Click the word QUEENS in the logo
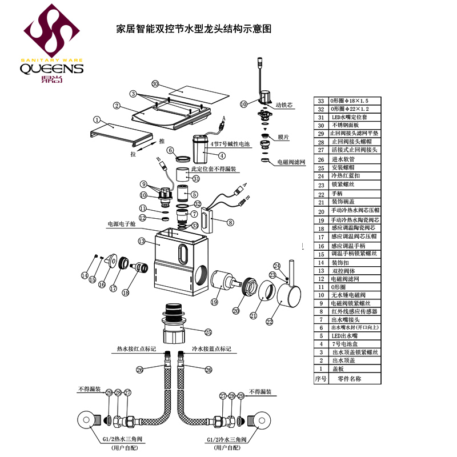[x=52, y=69]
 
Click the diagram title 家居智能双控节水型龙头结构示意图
[x=193, y=28]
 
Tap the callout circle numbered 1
[x=97, y=121]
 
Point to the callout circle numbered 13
[x=141, y=242]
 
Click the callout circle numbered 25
[x=209, y=332]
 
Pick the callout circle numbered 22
[x=270, y=322]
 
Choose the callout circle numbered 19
[x=215, y=302]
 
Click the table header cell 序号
[x=320, y=378]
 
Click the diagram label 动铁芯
[x=284, y=105]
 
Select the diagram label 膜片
[x=283, y=138]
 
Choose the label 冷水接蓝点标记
[x=211, y=348]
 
